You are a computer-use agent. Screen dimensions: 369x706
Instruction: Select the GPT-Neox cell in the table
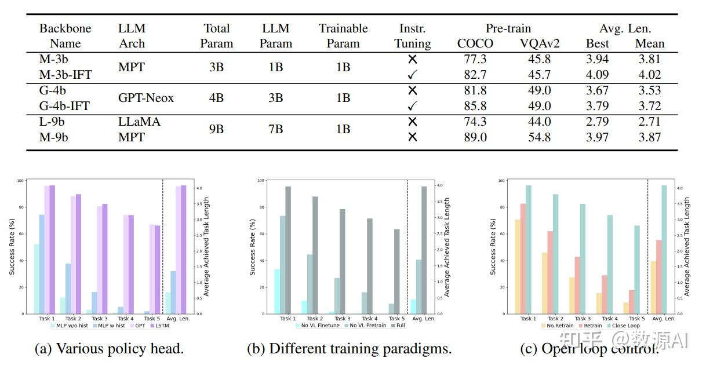pos(146,98)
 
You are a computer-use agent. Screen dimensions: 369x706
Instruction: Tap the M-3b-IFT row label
pos(65,75)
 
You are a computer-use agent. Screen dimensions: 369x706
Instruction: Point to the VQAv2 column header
pos(544,43)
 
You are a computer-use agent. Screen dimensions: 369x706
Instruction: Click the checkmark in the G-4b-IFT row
pos(412,106)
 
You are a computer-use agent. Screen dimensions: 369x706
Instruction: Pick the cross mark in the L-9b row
pos(412,122)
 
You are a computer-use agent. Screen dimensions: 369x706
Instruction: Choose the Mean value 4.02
pos(649,75)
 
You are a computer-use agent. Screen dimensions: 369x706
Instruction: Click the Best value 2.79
pos(597,122)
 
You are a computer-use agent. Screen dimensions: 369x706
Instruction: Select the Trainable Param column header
pos(343,36)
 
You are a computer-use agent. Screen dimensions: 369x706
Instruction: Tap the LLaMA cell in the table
pos(139,122)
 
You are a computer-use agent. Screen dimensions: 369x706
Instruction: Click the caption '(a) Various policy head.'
pos(110,349)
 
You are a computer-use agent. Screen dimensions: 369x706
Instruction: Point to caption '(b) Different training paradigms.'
pos(349,349)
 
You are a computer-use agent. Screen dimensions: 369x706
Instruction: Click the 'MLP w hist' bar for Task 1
pos(42,264)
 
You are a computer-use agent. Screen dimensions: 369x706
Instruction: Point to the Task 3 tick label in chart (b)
pos(342,319)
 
